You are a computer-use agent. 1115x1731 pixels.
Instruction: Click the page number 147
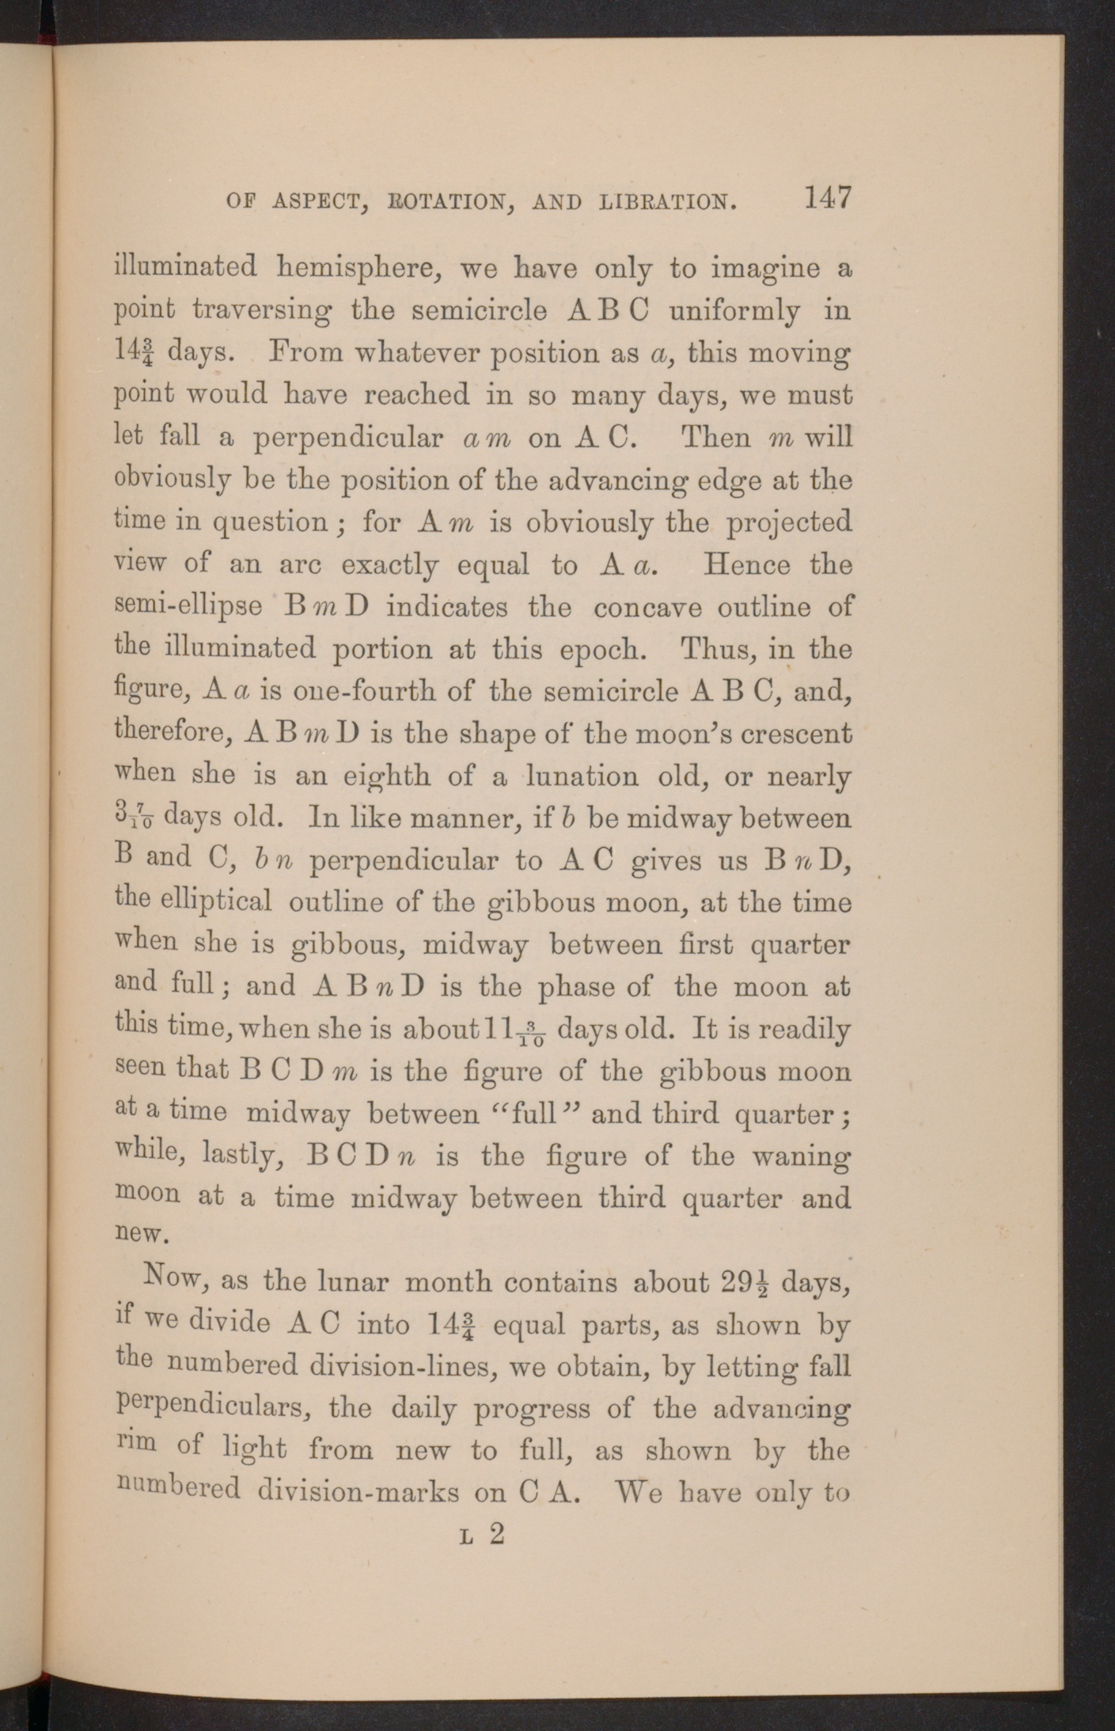click(827, 197)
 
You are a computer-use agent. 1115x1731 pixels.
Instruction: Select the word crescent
click(795, 734)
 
